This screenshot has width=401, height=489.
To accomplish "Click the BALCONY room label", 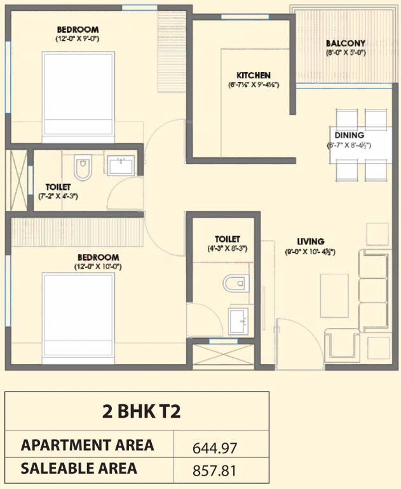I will tap(345, 44).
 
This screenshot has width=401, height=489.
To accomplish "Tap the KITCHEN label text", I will tap(254, 75).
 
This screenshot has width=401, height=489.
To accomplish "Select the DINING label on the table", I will tap(350, 136).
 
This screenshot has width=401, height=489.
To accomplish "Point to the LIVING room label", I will tap(310, 241).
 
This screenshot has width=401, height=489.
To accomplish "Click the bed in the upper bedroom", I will tap(78, 93).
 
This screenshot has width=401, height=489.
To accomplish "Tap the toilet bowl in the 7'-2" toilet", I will tap(83, 168).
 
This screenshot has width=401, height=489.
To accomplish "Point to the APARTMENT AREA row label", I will tap(87, 445).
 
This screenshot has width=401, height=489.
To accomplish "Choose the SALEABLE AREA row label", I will tap(79, 469).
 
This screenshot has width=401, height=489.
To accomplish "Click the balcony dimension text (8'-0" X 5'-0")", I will tap(345, 53).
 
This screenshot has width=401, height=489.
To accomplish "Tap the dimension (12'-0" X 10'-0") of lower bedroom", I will tap(97, 266).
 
